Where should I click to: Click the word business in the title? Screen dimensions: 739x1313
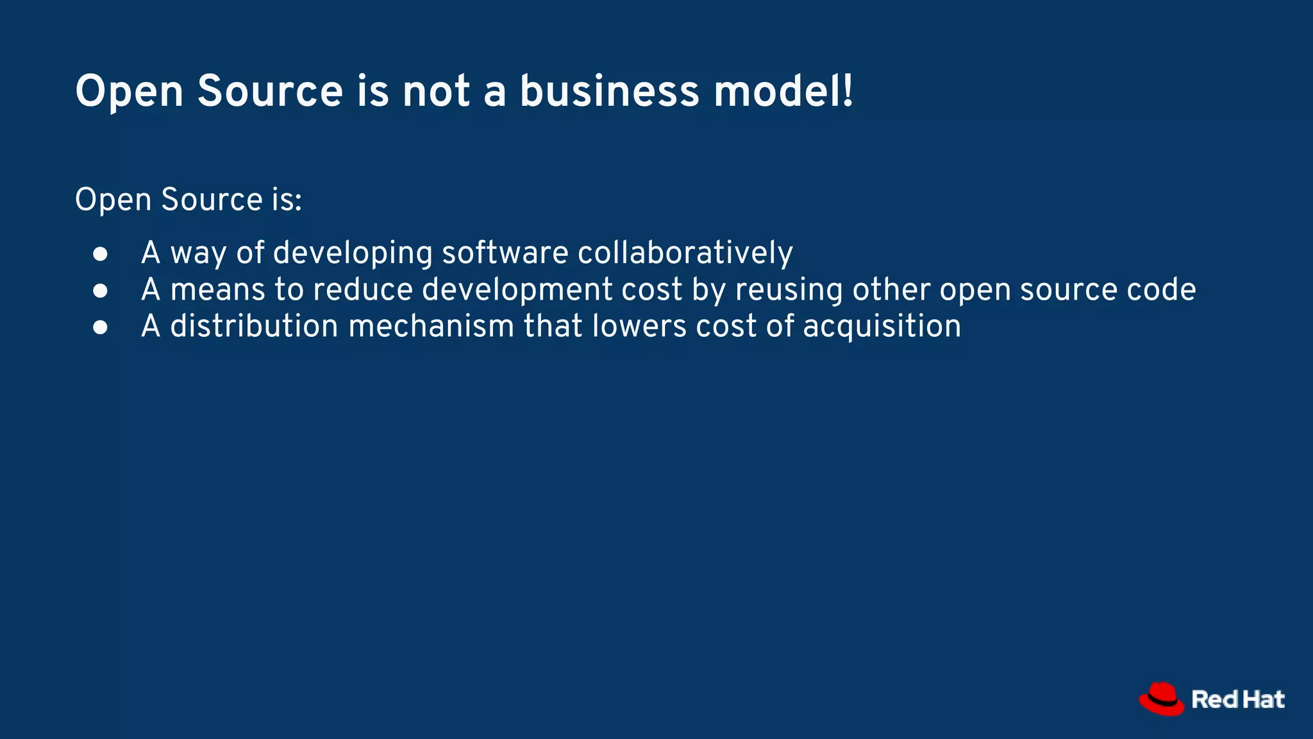tap(609, 91)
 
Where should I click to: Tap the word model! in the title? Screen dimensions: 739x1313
tap(783, 91)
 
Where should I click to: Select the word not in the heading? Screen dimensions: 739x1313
tap(436, 91)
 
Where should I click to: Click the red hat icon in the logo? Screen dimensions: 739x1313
tap(1162, 699)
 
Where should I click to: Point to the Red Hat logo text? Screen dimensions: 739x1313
tap(1238, 699)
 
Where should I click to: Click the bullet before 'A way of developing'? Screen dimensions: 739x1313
tap(100, 253)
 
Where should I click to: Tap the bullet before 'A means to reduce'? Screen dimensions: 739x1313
tap(100, 291)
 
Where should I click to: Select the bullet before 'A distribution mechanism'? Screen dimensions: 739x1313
tap(100, 327)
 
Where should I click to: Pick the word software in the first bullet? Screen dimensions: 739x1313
tap(505, 253)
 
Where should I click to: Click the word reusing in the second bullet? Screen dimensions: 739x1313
tap(789, 290)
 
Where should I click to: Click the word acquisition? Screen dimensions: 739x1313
tap(882, 327)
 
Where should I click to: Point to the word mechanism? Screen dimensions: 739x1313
tap(431, 327)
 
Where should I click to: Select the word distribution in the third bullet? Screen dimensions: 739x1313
tap(254, 327)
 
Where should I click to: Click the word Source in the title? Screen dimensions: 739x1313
tap(270, 91)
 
